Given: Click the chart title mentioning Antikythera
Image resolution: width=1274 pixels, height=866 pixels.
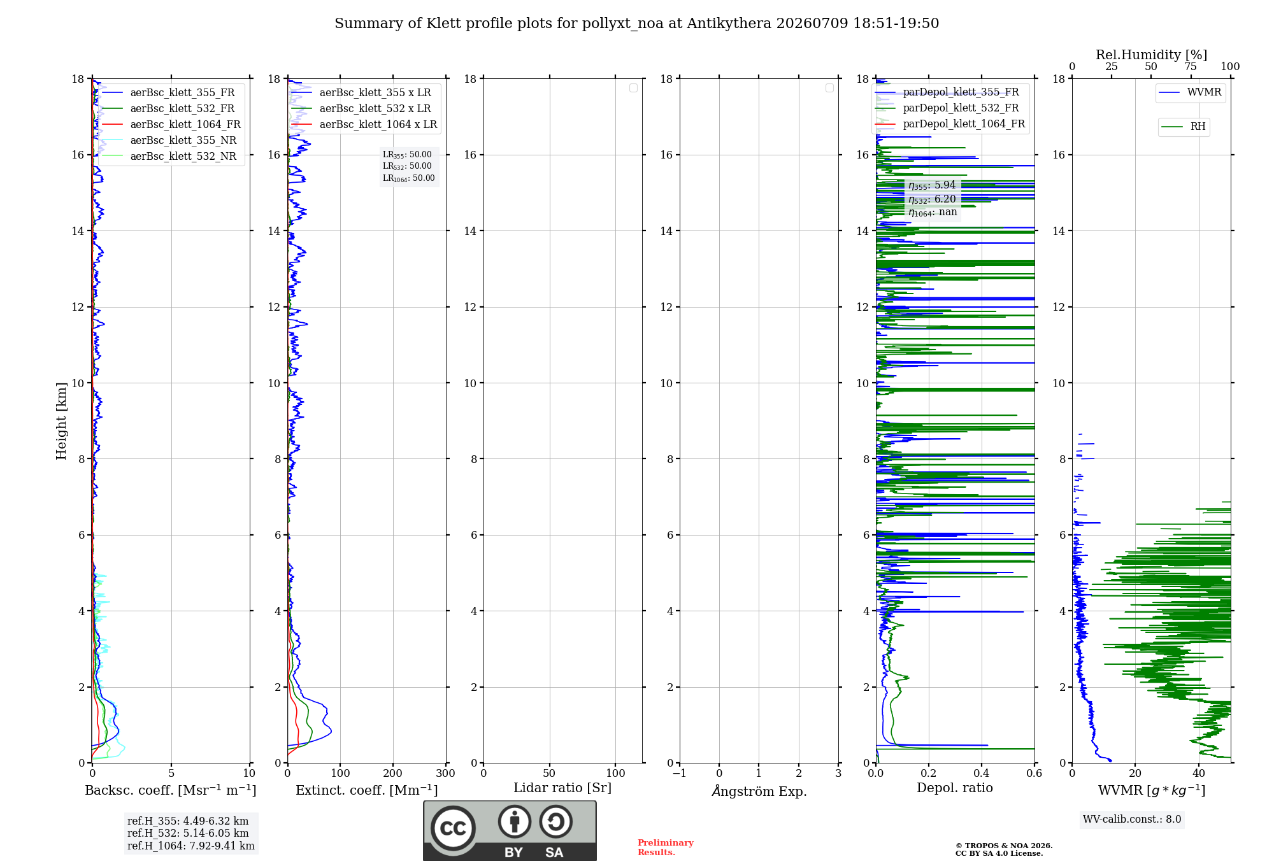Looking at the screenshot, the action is (x=636, y=24).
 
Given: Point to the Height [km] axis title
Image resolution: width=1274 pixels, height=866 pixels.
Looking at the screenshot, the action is (x=61, y=421).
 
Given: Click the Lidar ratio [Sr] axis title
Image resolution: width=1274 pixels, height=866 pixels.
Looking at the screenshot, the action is (x=562, y=788).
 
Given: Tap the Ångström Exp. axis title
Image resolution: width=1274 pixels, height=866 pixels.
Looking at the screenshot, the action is (x=759, y=791).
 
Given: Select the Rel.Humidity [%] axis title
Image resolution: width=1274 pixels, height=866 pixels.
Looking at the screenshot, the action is (x=1151, y=55).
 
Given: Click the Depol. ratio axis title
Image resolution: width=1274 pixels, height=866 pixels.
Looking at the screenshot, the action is (x=955, y=788).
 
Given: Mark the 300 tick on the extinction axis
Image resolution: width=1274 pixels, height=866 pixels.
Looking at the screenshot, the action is (x=445, y=773).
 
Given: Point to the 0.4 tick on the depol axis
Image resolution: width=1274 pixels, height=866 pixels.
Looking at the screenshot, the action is (x=982, y=773).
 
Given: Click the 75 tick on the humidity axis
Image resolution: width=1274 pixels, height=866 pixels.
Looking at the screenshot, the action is (x=1190, y=67).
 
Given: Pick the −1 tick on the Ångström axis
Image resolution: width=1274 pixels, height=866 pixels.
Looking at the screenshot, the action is (x=679, y=773).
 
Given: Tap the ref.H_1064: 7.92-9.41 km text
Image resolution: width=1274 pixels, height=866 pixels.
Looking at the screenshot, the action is (x=190, y=846).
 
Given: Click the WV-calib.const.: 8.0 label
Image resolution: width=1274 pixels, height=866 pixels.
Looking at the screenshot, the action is (x=1132, y=820).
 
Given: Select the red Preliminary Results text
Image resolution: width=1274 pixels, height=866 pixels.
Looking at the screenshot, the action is (x=666, y=848).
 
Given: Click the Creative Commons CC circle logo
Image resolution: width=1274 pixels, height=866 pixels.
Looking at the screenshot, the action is (x=453, y=828).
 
